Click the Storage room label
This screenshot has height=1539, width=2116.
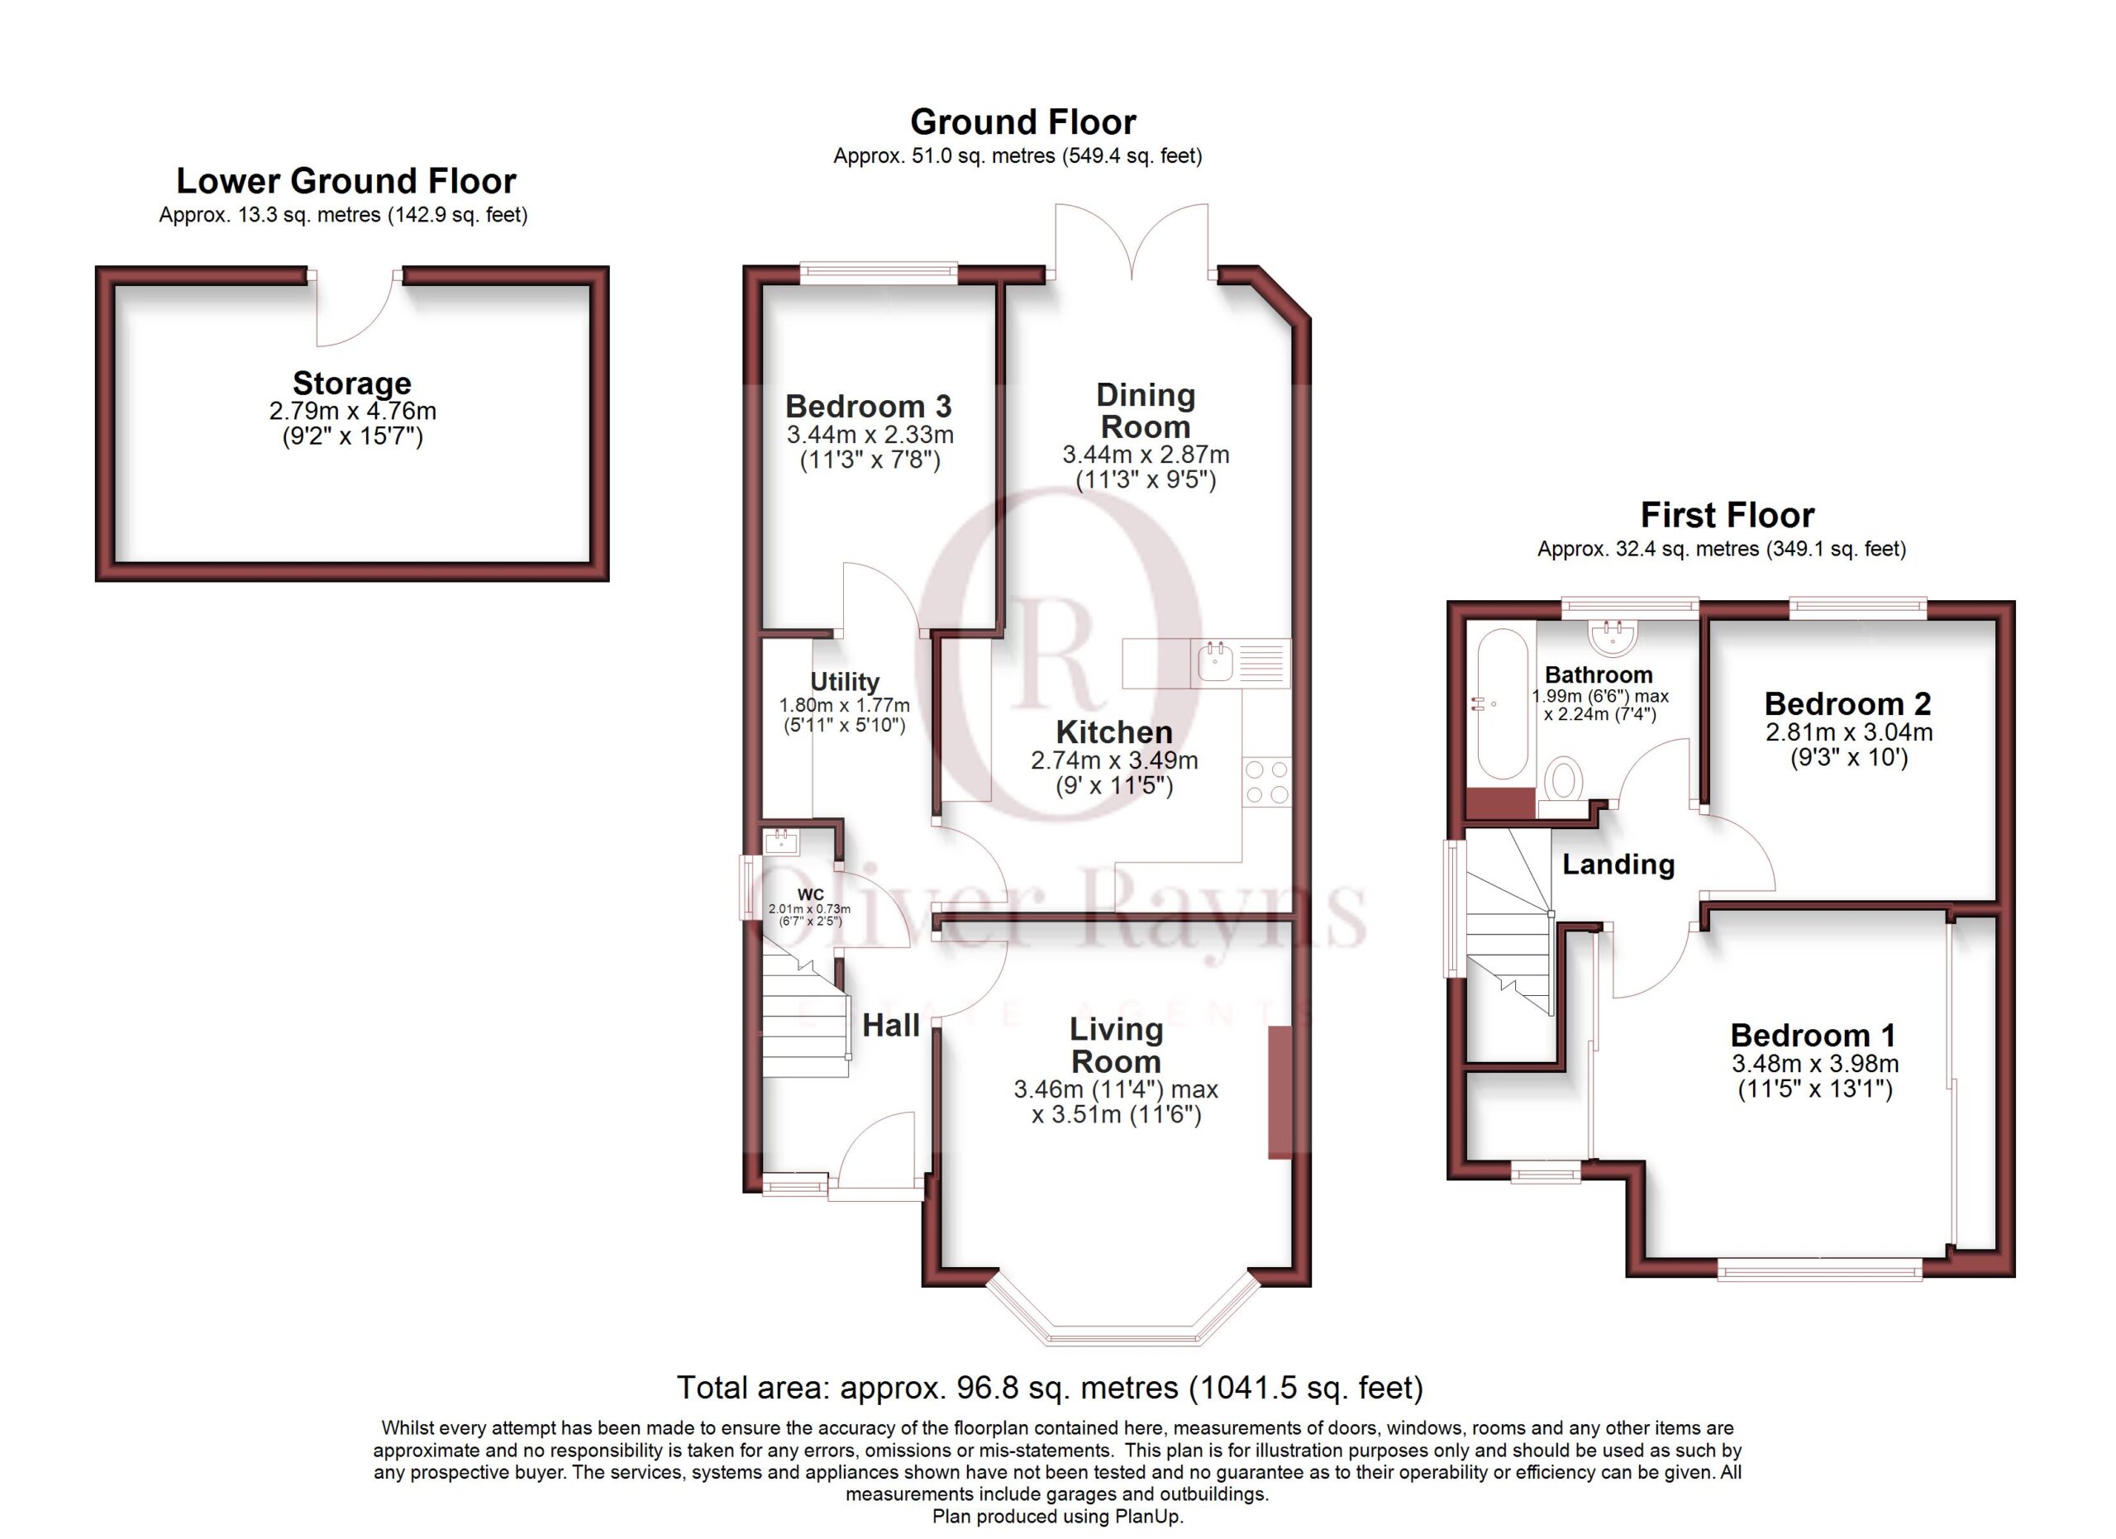click(352, 384)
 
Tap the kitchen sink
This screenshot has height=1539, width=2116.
click(1216, 662)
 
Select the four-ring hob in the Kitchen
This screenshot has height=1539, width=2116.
click(1267, 782)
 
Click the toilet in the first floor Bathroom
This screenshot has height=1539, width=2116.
click(1564, 779)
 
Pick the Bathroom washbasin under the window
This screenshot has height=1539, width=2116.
click(1613, 637)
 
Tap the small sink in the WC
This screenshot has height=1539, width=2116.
click(781, 842)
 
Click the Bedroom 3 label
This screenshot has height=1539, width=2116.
click(869, 407)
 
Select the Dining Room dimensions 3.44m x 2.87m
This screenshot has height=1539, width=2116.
click(1146, 455)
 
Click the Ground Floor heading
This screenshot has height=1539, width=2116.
click(1023, 122)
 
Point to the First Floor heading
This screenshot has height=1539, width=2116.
click(1727, 515)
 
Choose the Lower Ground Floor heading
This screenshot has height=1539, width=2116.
click(346, 181)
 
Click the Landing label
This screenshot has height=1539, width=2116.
click(1618, 865)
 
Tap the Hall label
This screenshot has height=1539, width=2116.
click(891, 1026)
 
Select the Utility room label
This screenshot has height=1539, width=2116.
click(845, 682)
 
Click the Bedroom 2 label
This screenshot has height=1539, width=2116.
click(1847, 703)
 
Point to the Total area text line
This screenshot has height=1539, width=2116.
click(1050, 1388)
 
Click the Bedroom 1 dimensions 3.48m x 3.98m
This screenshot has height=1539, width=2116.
click(1816, 1063)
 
